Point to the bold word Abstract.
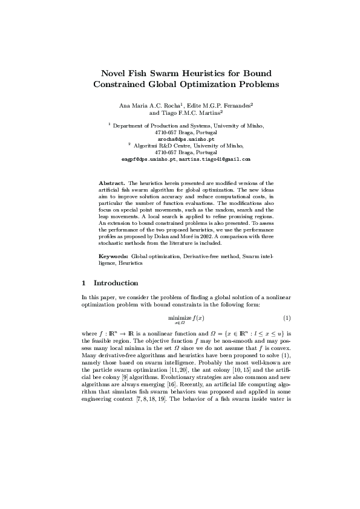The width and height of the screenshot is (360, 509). click(x=112, y=182)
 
